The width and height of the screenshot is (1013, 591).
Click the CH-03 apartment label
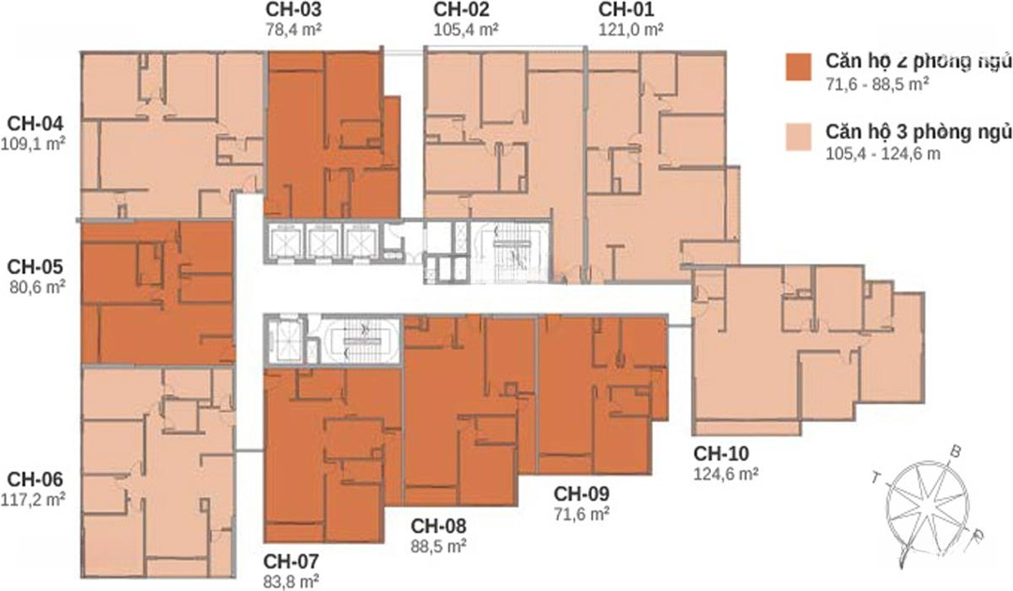tap(294, 9)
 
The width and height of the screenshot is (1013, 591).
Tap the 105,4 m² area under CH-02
tap(466, 30)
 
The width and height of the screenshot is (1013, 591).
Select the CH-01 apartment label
tap(626, 9)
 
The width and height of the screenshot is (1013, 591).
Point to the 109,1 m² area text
tap(34, 144)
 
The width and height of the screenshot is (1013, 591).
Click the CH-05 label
tap(36, 266)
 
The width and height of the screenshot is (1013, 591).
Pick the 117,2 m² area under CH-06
tap(34, 499)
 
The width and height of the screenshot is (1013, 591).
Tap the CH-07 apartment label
tap(291, 561)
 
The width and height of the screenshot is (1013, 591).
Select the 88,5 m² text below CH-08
tap(439, 546)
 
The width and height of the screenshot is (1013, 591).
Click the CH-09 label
tap(582, 493)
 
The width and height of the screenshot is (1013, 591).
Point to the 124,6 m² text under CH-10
tap(726, 474)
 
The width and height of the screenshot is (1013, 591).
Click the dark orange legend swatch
tap(798, 68)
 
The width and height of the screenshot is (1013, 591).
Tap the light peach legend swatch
tap(798, 138)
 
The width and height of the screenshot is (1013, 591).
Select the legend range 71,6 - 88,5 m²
tap(877, 84)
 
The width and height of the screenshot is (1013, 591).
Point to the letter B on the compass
tap(956, 452)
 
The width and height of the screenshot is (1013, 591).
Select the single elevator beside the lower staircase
tap(285, 340)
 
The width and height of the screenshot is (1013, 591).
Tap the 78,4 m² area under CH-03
tap(294, 30)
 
